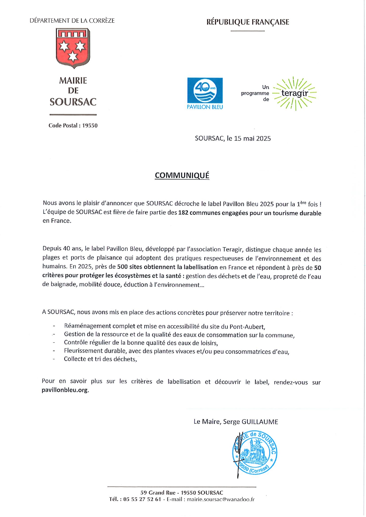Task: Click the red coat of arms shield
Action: [73, 48]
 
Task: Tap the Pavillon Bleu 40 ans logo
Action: [205, 93]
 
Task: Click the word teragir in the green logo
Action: [295, 93]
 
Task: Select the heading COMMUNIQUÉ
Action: [182, 175]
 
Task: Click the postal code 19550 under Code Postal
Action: [90, 125]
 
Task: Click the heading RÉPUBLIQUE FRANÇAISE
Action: [247, 22]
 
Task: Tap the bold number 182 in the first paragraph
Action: [183, 213]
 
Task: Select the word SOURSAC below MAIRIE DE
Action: [73, 102]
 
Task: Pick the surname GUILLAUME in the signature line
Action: [260, 422]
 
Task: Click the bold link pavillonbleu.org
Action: [65, 390]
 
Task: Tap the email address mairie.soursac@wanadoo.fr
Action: [221, 499]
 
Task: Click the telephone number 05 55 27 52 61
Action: [142, 499]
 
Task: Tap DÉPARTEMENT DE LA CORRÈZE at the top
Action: [72, 21]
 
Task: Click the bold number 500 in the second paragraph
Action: [122, 267]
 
